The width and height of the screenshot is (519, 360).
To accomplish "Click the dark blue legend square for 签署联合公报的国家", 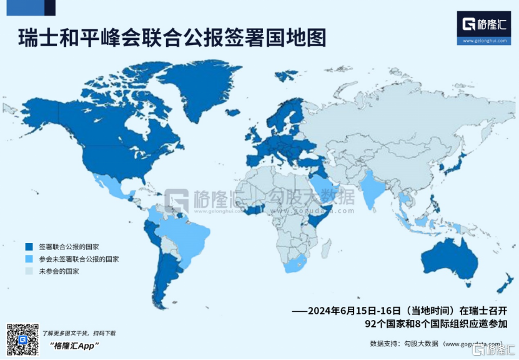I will coord(28,246).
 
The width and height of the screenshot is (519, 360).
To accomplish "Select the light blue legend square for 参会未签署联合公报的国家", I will coord(28,259).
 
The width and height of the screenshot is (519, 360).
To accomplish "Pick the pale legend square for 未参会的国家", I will coord(28,271).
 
